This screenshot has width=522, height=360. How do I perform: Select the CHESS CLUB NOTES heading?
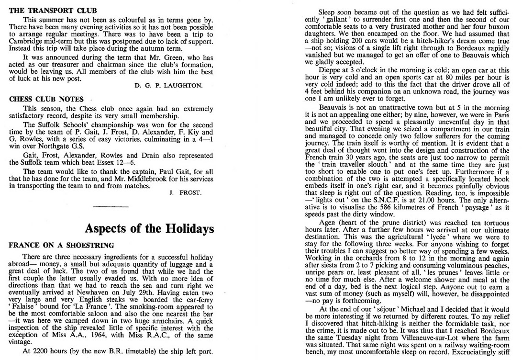[x=46, y=99]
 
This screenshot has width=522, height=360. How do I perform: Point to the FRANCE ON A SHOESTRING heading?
[x=62, y=245]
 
